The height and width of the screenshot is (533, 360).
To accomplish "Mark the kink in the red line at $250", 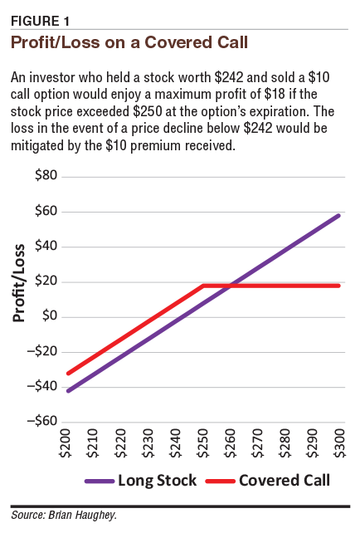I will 204,286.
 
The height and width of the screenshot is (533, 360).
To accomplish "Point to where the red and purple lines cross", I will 230,286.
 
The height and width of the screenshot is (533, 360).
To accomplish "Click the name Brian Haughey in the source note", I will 86,515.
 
